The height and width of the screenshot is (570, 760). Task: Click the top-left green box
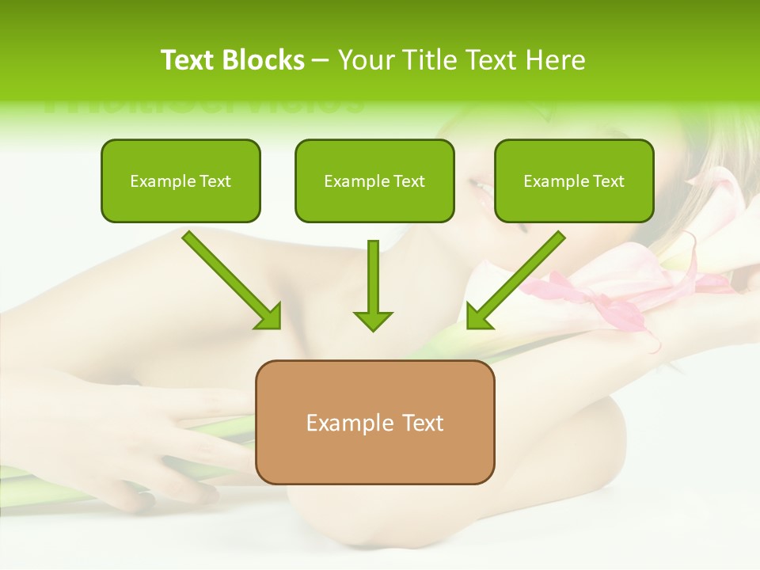pos(180,180)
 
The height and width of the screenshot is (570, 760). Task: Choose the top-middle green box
pos(374,180)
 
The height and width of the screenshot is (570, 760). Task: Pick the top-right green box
pos(574,180)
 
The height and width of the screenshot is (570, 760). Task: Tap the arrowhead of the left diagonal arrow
pos(270,317)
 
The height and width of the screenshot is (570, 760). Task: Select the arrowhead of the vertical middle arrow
pos(373,321)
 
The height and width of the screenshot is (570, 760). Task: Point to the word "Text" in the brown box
pos(421,423)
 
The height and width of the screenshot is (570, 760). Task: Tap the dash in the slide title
pos(321,61)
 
